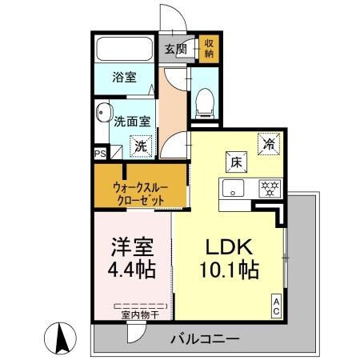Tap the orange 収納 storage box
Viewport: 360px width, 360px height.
click(208, 48)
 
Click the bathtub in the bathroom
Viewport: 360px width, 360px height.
click(126, 49)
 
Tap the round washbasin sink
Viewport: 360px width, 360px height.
click(102, 113)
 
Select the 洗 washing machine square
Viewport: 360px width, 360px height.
click(140, 146)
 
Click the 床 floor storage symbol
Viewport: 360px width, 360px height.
click(237, 161)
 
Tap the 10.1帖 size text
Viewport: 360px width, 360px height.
click(229, 270)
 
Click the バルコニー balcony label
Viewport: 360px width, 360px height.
click(204, 339)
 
